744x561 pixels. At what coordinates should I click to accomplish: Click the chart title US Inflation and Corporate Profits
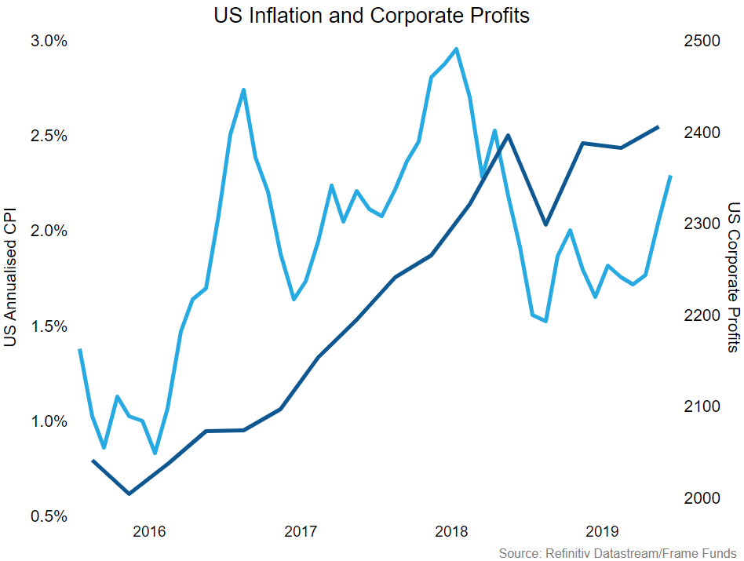click(x=372, y=15)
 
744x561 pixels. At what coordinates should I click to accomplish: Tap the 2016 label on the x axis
click(x=150, y=532)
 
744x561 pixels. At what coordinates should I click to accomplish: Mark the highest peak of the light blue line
click(x=456, y=49)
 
